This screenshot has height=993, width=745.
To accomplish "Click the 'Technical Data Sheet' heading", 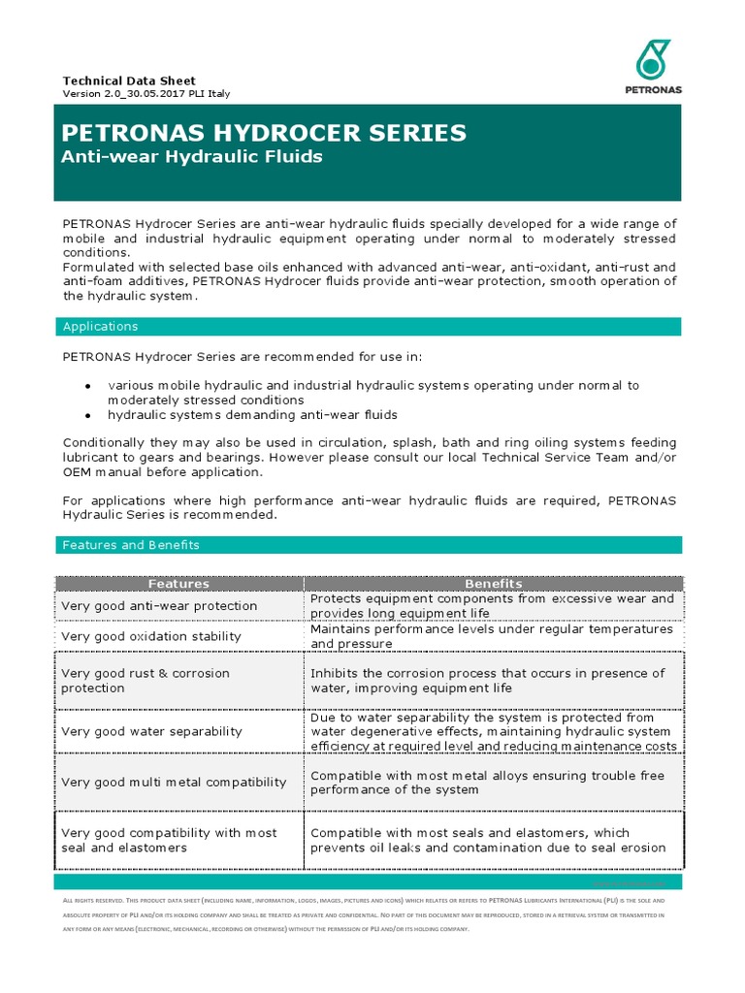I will pyautogui.click(x=129, y=80).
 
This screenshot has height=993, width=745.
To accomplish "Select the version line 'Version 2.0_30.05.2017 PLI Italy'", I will pyautogui.click(x=146, y=94).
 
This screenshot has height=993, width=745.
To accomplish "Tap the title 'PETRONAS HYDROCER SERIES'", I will pyautogui.click(x=264, y=133).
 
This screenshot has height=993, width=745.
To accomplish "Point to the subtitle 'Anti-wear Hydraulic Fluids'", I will pyautogui.click(x=191, y=156).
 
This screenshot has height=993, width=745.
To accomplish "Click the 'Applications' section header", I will pyautogui.click(x=100, y=327).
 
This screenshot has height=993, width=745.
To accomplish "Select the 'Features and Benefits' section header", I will pyautogui.click(x=131, y=545).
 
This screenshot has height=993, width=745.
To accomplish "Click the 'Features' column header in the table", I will pyautogui.click(x=178, y=584).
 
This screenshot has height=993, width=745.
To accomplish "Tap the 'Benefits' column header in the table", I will pyautogui.click(x=493, y=584).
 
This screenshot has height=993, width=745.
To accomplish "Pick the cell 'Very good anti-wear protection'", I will pyautogui.click(x=159, y=606).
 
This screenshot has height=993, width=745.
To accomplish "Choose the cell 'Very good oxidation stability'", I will pyautogui.click(x=151, y=636).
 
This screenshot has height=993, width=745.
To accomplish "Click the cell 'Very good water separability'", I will pyautogui.click(x=151, y=731).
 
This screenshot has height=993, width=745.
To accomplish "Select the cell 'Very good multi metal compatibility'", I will pyautogui.click(x=174, y=782).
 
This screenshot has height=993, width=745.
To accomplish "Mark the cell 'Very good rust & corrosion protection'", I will pyautogui.click(x=146, y=681).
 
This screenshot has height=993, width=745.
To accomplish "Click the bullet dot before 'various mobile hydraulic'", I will pyautogui.click(x=87, y=386).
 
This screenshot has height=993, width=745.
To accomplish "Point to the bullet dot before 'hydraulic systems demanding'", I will pyautogui.click(x=87, y=415).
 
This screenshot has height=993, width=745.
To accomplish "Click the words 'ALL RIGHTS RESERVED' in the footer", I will pyautogui.click(x=93, y=902).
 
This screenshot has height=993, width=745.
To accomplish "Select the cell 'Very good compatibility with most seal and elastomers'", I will pyautogui.click(x=169, y=840).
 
